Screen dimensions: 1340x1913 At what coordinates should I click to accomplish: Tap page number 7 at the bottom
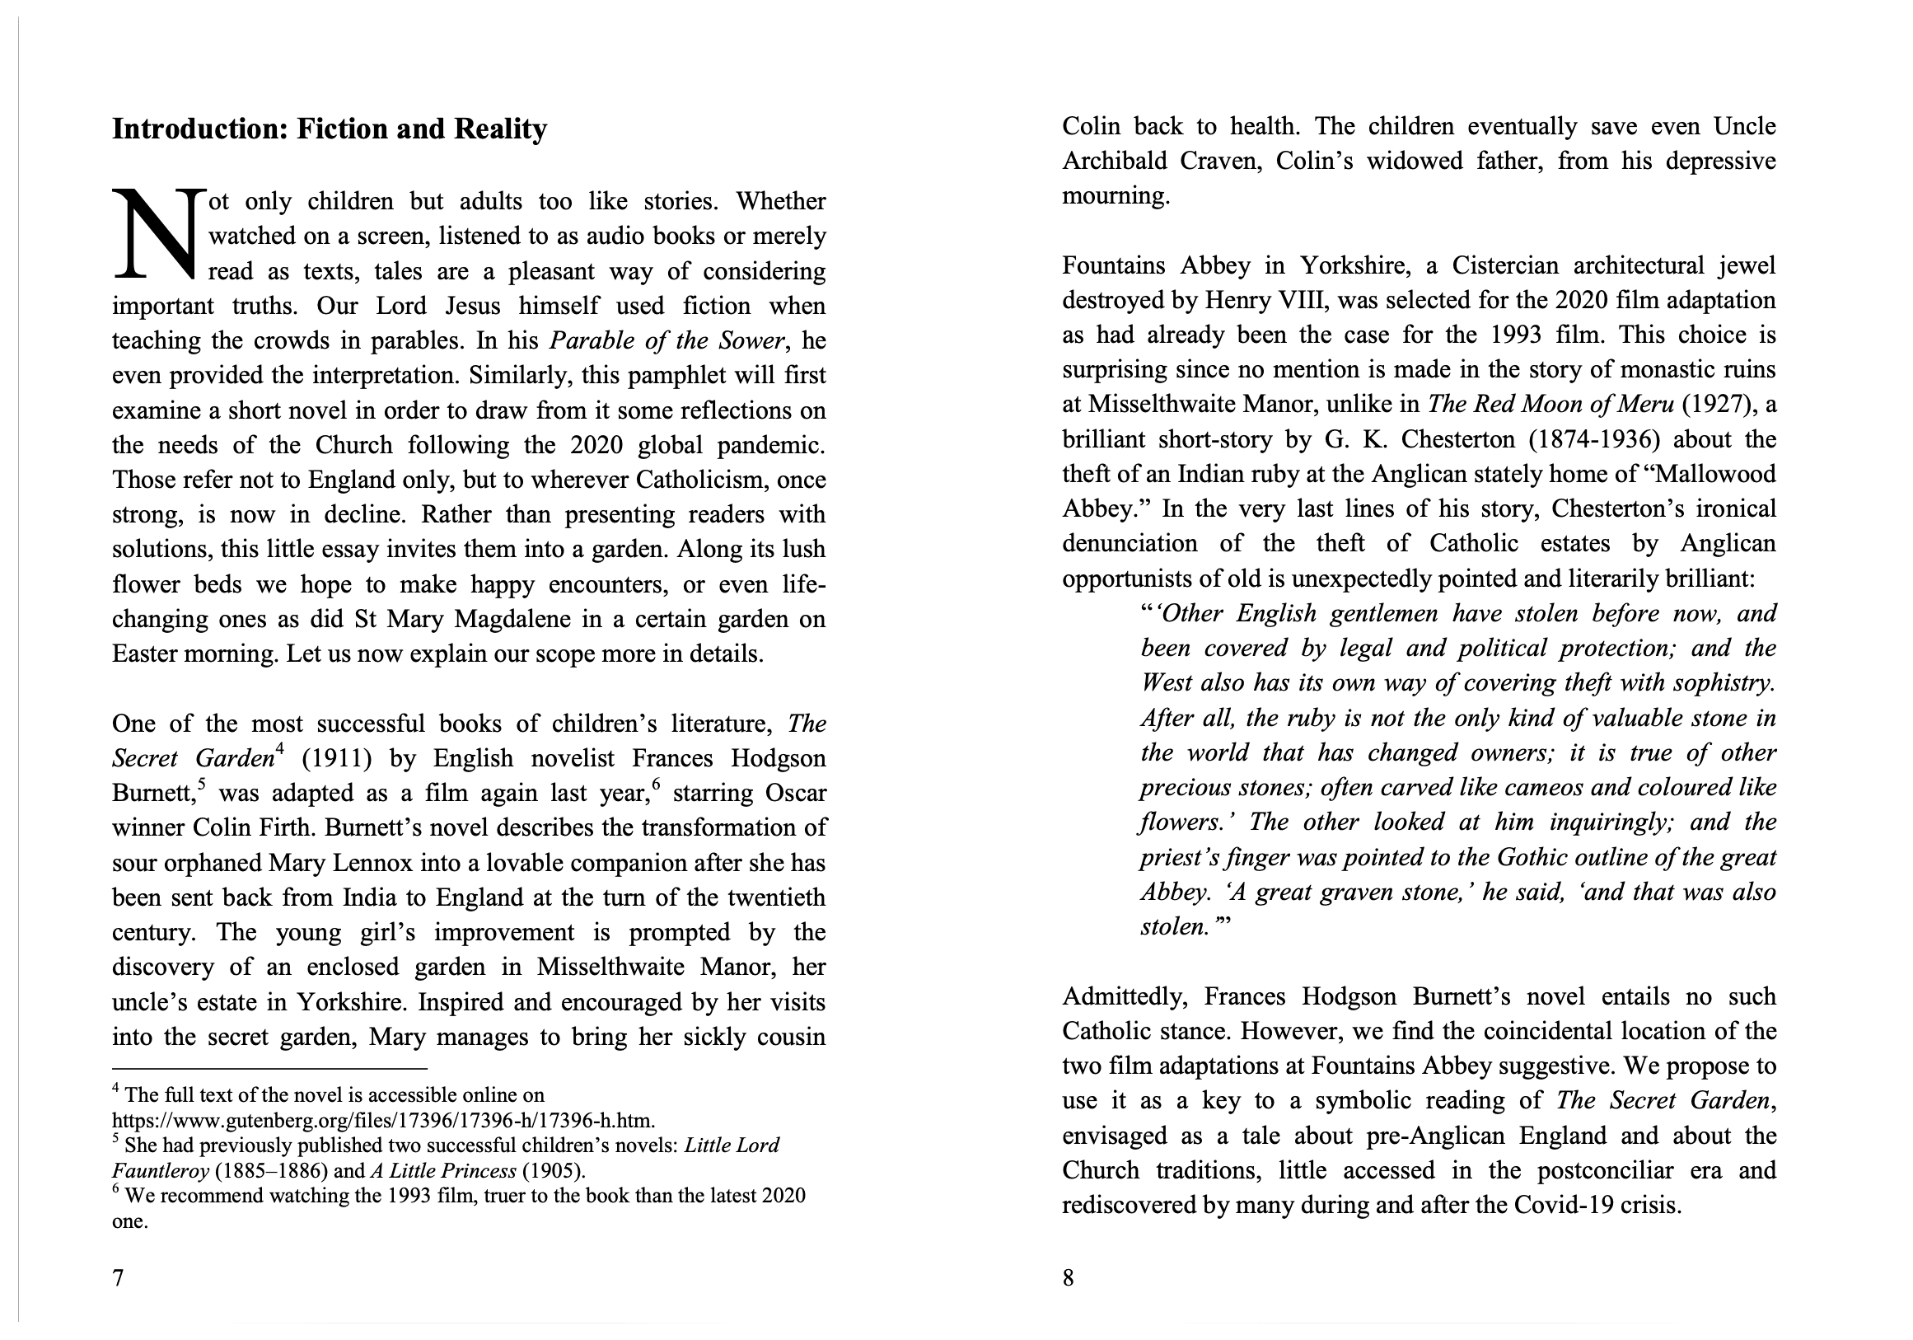point(118,1277)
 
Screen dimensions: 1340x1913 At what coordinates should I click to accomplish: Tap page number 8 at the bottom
point(1069,1277)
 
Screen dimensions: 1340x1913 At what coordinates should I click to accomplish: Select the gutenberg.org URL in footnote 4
point(383,1120)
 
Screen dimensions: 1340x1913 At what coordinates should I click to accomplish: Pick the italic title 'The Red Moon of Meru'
point(1550,404)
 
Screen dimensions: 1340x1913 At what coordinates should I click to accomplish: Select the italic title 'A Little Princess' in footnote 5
point(443,1171)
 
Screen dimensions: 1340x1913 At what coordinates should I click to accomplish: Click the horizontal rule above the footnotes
point(269,1068)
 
